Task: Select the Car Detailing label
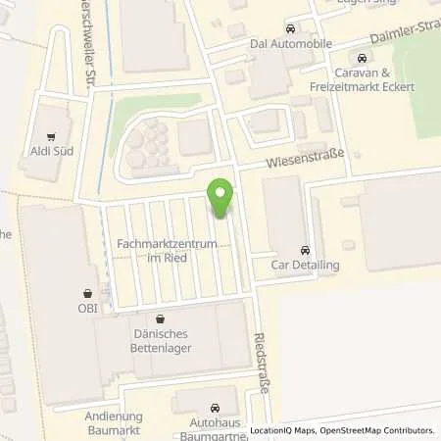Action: (305, 266)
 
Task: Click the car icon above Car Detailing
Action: (305, 249)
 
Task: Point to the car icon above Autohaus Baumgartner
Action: (217, 407)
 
